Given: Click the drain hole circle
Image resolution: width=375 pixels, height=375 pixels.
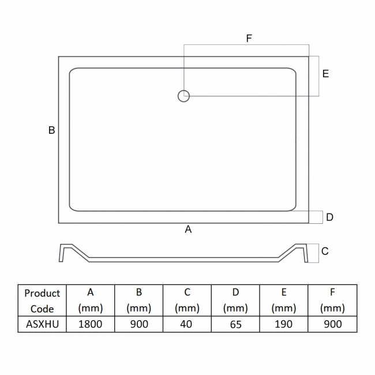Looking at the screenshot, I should (x=184, y=96).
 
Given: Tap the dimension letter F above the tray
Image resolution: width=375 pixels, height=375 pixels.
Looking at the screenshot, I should (x=249, y=39).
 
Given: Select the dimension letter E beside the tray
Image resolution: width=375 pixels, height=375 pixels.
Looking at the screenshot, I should (x=325, y=74).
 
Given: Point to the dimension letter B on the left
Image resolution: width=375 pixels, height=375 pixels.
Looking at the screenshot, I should (x=51, y=130).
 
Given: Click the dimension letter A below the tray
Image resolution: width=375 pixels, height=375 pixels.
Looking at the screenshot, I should (x=188, y=230).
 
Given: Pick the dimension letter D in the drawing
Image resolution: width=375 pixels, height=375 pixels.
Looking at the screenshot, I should (x=329, y=217).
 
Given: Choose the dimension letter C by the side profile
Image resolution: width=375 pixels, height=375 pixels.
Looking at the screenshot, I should (x=325, y=252).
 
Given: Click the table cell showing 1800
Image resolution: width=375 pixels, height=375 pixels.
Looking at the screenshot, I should (x=91, y=324).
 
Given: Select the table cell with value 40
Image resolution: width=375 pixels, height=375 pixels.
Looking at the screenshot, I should (x=187, y=324).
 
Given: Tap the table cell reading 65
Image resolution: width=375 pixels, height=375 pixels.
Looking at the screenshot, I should (x=235, y=324).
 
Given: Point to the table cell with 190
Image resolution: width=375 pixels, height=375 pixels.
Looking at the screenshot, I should (x=284, y=324).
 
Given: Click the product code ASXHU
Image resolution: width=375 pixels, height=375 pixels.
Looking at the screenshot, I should (x=42, y=324).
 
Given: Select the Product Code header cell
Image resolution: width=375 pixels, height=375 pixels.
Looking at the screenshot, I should (x=42, y=301).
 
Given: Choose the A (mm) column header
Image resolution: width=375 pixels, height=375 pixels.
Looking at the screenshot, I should (x=91, y=301).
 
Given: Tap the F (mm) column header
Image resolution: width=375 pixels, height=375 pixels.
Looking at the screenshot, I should (x=332, y=301).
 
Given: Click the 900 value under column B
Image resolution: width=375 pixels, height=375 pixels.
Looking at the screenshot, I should (x=139, y=324).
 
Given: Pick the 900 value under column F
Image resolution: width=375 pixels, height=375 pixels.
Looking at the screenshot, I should (x=332, y=324).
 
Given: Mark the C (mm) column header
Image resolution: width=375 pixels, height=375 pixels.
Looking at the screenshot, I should (x=187, y=301).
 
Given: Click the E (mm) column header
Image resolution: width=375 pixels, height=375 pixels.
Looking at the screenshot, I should (x=284, y=301).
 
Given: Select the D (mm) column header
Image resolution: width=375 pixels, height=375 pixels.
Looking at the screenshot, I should (x=235, y=301).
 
